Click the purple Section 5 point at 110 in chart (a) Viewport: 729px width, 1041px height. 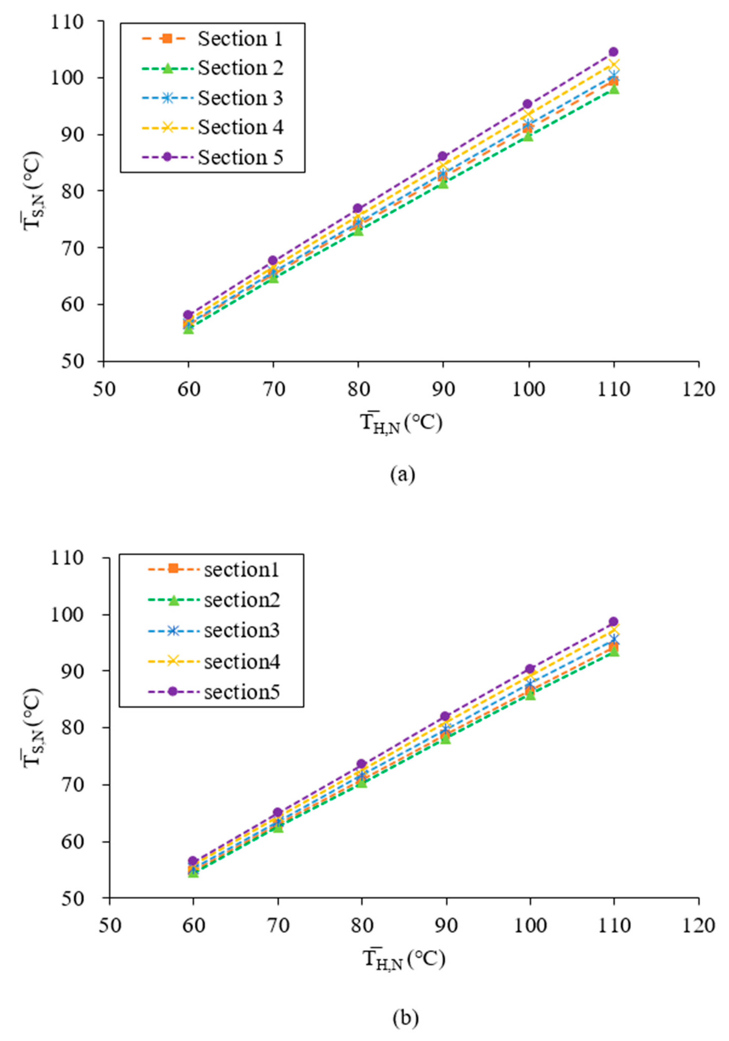pyautogui.click(x=613, y=52)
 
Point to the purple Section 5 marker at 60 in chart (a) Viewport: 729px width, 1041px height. pyautogui.click(x=188, y=315)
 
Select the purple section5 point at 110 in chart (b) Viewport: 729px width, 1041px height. pyautogui.click(x=613, y=622)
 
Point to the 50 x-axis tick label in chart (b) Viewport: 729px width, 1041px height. pyautogui.click(x=109, y=925)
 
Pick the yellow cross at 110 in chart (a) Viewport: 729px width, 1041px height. pyautogui.click(x=613, y=65)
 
